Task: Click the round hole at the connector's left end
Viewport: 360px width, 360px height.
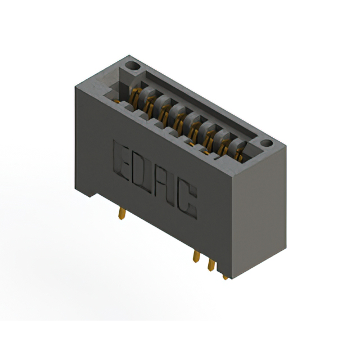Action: pyautogui.click(x=133, y=67)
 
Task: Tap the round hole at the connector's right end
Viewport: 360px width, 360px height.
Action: pyautogui.click(x=265, y=145)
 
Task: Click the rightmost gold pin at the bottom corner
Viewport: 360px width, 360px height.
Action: pyautogui.click(x=226, y=276)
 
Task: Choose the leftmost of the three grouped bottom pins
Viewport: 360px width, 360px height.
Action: pyautogui.click(x=196, y=256)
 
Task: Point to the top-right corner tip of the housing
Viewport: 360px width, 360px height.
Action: pyautogui.click(x=286, y=146)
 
